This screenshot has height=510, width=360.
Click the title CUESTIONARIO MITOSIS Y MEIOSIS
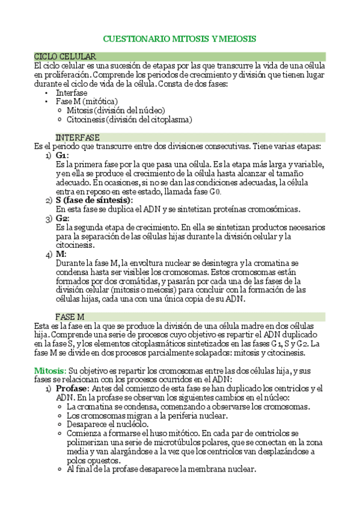click(x=180, y=38)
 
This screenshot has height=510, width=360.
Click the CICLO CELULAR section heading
click(x=65, y=56)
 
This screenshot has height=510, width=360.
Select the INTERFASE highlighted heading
click(x=78, y=138)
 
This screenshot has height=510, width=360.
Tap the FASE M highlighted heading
click(x=70, y=316)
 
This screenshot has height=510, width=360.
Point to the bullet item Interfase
click(x=71, y=93)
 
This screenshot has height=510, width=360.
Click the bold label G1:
click(x=62, y=155)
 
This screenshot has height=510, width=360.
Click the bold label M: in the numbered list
click(x=61, y=254)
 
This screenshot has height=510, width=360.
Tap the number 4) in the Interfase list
click(x=49, y=254)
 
